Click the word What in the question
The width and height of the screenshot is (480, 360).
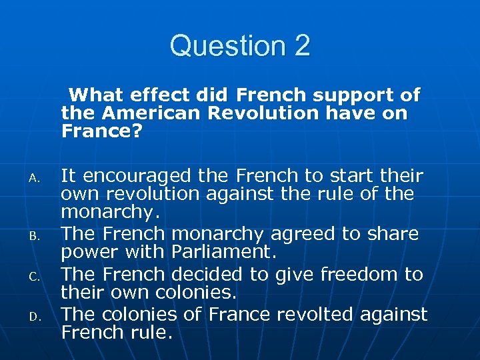coord(97,95)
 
